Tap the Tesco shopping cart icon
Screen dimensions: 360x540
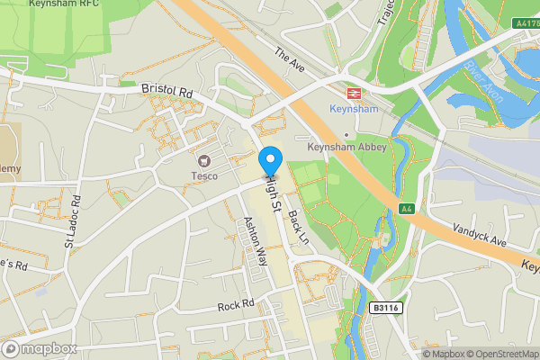click(204, 160)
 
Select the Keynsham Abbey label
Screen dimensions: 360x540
click(346, 147)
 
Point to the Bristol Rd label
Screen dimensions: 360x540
click(166, 91)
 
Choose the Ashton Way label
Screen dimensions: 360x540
click(255, 240)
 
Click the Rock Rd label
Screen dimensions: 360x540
click(236, 305)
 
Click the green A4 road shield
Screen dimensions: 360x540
click(406, 209)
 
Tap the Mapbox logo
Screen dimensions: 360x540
click(40, 348)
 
